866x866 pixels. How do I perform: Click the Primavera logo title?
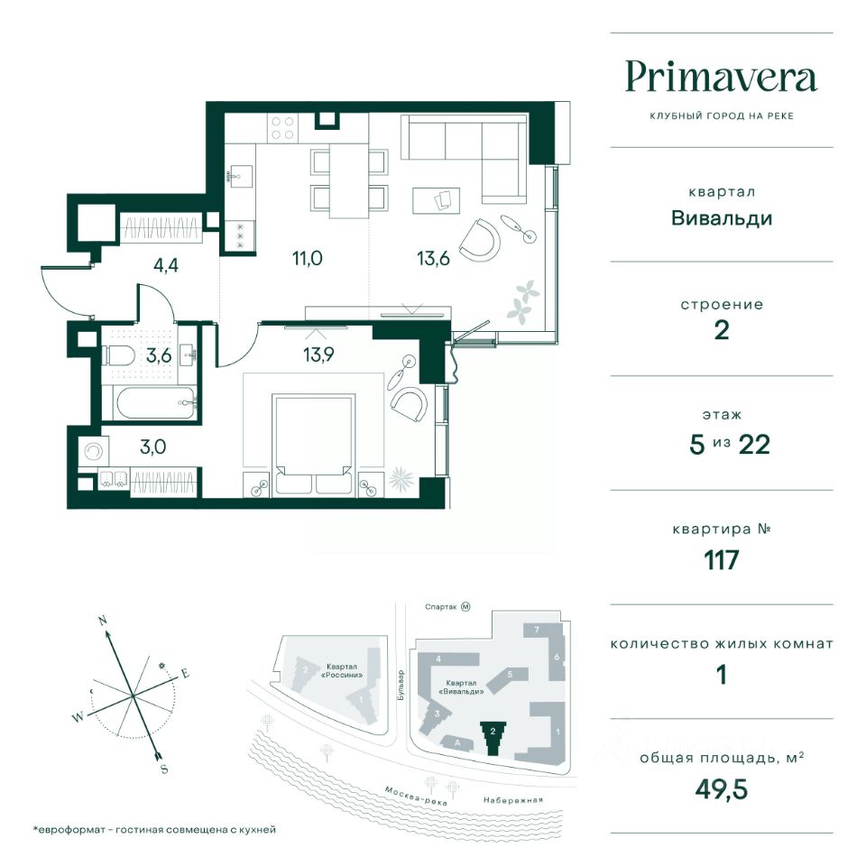tap(722, 78)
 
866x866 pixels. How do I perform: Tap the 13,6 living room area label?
tap(434, 258)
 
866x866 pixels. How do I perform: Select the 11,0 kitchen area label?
tap(307, 258)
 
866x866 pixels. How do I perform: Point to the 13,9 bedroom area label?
tap(318, 354)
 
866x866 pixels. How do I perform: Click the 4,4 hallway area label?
tap(166, 265)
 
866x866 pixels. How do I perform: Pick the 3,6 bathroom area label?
tap(159, 355)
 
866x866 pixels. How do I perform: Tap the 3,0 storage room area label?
tap(153, 447)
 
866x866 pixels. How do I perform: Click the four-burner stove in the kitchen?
tap(282, 127)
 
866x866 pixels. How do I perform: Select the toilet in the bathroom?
tap(118, 355)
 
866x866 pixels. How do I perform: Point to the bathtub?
tap(155, 402)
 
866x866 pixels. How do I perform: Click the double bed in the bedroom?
tap(313, 445)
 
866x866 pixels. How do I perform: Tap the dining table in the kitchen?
tap(349, 180)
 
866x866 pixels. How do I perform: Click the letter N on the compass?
tap(102, 621)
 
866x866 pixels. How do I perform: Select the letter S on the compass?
tap(164, 769)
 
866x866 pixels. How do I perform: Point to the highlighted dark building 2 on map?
tap(493, 739)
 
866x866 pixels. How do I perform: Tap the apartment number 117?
tap(722, 560)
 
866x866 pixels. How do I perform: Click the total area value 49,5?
tap(722, 789)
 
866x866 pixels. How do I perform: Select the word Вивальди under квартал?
tap(722, 218)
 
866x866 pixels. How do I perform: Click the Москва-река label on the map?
tap(416, 796)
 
